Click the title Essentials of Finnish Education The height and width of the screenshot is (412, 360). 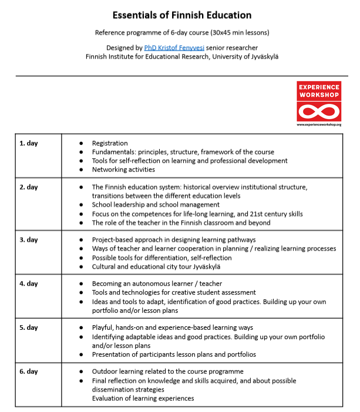174,15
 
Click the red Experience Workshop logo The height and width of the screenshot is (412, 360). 319,101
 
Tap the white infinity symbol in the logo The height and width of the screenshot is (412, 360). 319,111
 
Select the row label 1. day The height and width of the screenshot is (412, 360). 29,143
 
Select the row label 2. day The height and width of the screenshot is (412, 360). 29,187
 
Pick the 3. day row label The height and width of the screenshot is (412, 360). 29,239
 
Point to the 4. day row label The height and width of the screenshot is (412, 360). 29,283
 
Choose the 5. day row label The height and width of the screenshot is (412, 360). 29,327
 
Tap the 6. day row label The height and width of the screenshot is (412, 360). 29,372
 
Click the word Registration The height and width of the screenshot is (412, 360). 110,143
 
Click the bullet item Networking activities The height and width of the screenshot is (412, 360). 123,170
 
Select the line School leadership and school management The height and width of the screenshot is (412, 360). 156,205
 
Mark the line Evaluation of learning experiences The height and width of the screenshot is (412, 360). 143,399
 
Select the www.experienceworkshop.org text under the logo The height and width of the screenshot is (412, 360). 319,124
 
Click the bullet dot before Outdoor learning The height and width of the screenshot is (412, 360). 80,372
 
